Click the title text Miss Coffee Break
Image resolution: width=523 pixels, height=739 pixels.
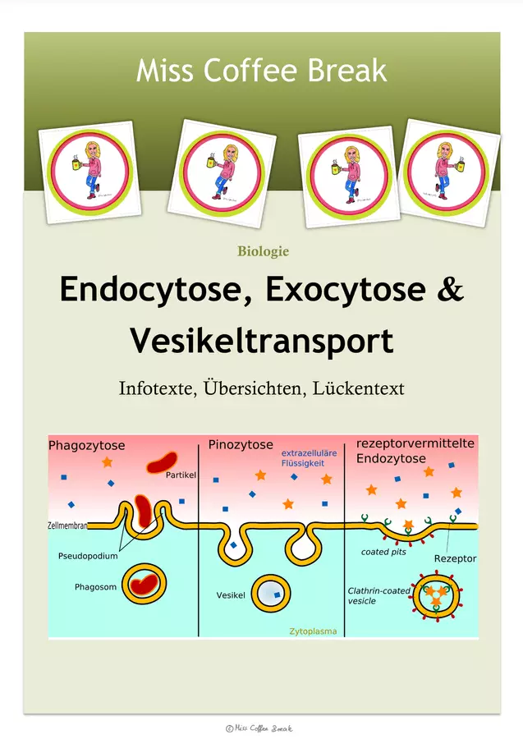point(261,71)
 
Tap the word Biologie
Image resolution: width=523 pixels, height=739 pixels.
point(263,251)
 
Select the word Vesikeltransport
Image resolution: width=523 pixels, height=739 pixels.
point(261,341)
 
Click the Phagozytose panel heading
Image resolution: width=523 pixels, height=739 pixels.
point(87,445)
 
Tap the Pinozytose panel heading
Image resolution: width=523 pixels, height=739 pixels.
point(241,444)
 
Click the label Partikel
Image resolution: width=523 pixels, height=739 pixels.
point(181,475)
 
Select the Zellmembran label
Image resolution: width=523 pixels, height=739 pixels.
point(67,525)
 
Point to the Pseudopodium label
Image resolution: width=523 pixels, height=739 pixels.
point(88,556)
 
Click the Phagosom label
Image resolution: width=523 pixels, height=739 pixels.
point(95,587)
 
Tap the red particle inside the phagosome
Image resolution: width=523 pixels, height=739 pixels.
point(145,585)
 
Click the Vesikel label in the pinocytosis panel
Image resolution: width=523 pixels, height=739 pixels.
point(231,595)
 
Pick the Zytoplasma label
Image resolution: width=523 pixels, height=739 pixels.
point(313,631)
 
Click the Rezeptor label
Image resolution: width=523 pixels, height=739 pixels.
point(455,558)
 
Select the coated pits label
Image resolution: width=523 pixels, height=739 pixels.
point(383,552)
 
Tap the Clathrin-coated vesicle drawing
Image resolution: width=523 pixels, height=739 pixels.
point(436,596)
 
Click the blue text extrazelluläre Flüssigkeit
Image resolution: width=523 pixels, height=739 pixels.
point(309,458)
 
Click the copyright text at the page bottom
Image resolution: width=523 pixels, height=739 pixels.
point(259,728)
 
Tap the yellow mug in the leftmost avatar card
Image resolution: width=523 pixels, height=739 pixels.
point(77,163)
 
